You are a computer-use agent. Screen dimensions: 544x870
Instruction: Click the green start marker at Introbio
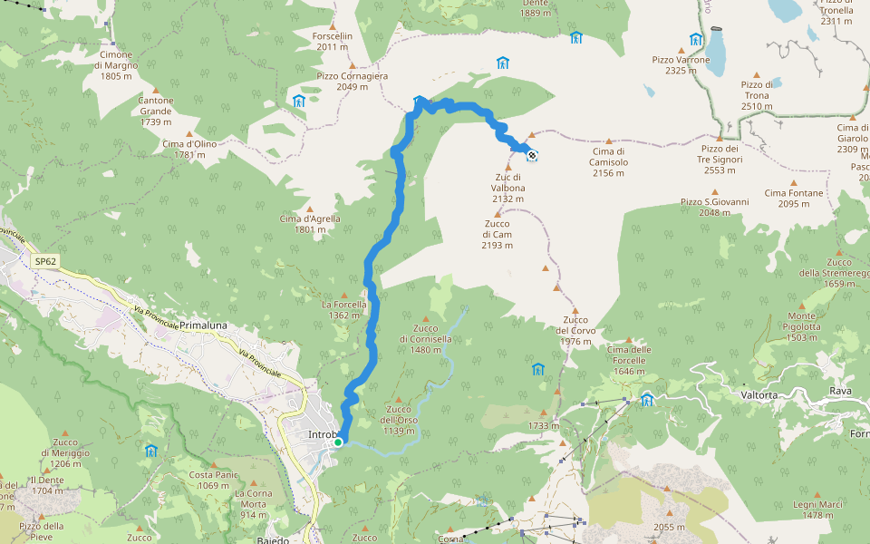click(338, 442)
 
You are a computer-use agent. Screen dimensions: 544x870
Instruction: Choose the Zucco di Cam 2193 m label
click(498, 234)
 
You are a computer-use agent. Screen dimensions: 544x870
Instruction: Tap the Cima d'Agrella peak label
click(310, 223)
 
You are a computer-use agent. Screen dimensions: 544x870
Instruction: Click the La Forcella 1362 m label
click(344, 310)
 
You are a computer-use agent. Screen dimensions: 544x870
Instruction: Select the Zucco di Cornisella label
click(425, 338)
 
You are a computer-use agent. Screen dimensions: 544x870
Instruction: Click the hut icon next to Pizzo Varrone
click(696, 39)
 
